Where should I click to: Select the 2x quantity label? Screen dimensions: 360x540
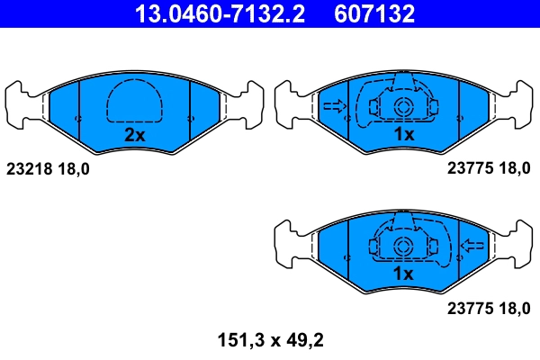(134, 135)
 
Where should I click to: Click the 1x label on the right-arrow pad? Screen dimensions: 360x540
(403, 135)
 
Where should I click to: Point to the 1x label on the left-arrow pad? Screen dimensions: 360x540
(402, 273)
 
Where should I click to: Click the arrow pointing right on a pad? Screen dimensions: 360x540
(334, 108)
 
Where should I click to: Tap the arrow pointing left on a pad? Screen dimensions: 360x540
(472, 245)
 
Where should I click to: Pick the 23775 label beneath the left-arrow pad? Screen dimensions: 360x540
(466, 308)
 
